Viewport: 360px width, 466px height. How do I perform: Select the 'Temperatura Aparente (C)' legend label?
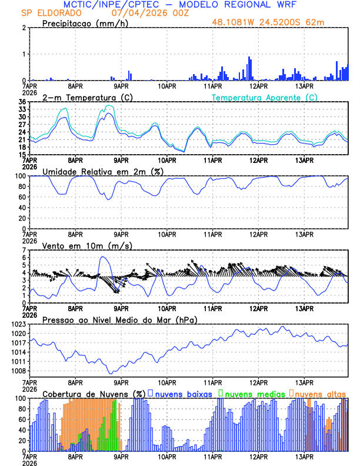pyautogui.click(x=265, y=97)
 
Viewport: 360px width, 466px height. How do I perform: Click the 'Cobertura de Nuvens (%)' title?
pyautogui.click(x=94, y=394)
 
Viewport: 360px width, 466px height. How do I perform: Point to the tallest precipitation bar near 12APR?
pyautogui.click(x=249, y=68)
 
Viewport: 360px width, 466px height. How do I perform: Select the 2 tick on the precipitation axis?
pyautogui.click(x=24, y=28)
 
